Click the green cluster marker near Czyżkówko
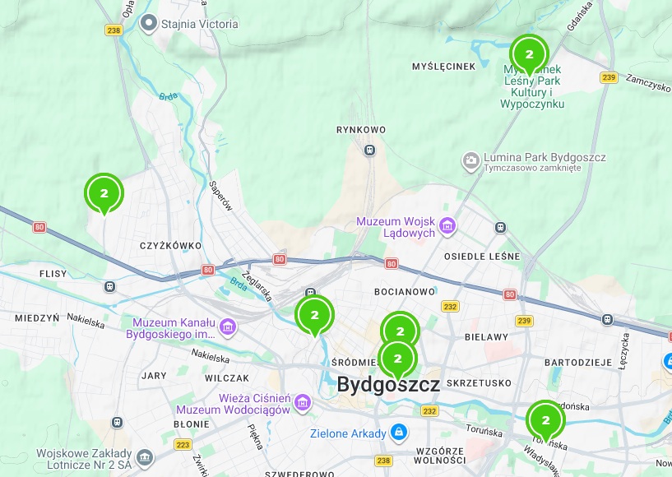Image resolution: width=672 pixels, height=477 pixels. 104,193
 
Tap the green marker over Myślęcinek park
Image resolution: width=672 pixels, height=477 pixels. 529,54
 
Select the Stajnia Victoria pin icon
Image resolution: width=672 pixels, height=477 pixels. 149,23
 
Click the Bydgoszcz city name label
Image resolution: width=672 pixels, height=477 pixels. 388,384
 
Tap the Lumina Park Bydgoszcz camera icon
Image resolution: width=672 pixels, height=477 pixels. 471,160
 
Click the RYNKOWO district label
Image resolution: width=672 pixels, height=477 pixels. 361,130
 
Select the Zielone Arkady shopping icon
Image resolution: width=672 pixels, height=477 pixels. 399,433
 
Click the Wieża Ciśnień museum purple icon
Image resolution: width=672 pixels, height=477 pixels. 304,403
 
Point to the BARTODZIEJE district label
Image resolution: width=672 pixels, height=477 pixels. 578,363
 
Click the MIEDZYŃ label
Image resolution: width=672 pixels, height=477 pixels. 37,317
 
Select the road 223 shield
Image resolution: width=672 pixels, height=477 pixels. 183,445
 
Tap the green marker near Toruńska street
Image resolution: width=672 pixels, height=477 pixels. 545,419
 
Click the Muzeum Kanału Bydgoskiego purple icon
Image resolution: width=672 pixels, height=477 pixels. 228,328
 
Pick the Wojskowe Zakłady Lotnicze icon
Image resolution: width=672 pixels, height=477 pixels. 145,456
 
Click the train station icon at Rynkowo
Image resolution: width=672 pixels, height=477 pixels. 370,151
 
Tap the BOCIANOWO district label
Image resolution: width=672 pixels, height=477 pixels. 403,292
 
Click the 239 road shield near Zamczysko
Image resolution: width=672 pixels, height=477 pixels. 609,77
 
